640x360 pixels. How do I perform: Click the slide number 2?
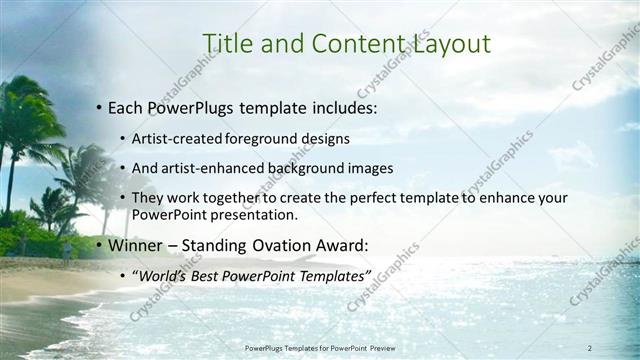pos(590,347)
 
